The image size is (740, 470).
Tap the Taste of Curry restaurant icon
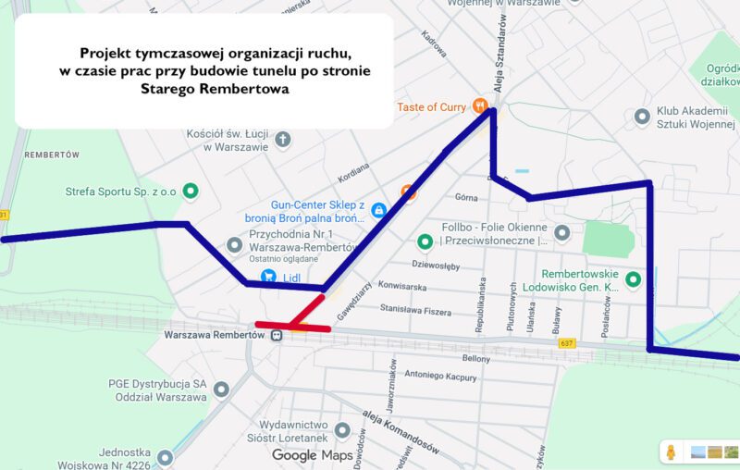click(x=479, y=106)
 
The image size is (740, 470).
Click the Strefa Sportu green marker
click(x=191, y=192)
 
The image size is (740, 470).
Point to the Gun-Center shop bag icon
click(x=377, y=212)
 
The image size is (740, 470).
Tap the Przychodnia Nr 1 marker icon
click(x=235, y=245)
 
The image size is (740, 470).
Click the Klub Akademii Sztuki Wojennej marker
click(x=642, y=117)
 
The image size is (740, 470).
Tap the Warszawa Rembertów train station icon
click(x=276, y=335)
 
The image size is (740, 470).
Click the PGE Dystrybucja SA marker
click(x=221, y=390)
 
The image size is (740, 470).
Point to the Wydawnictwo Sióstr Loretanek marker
click(x=343, y=430)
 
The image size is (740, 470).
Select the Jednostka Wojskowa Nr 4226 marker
click(x=165, y=457)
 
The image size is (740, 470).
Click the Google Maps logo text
click(x=306, y=455)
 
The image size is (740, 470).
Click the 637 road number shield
click(x=567, y=343)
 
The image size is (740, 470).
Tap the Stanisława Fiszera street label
click(x=418, y=310)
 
